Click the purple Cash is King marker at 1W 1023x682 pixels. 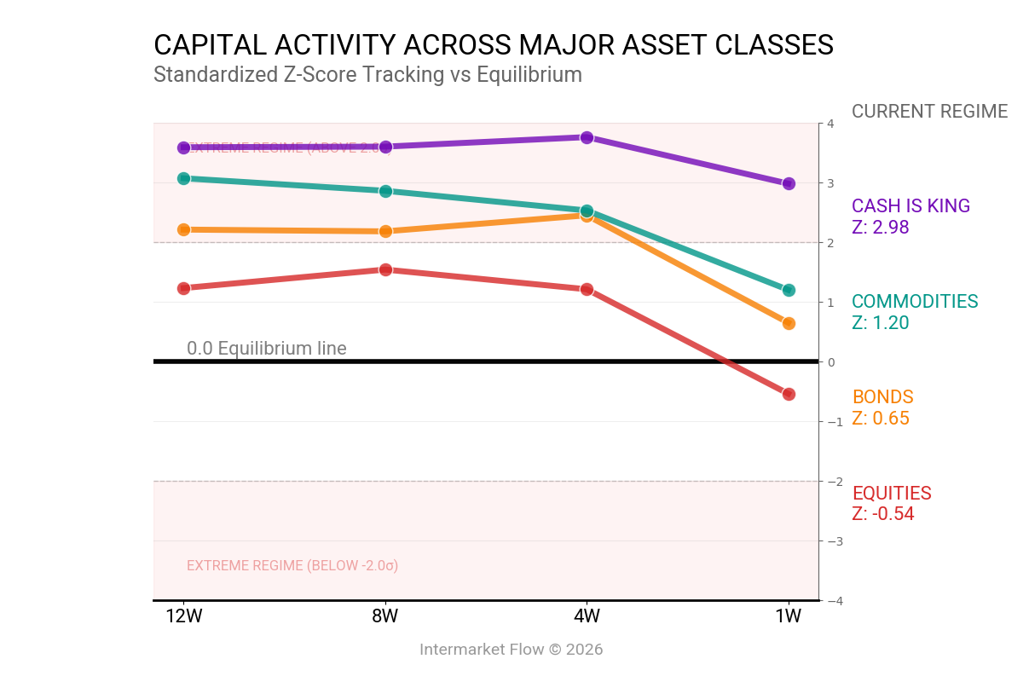pos(789,183)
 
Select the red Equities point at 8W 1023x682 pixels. pos(385,269)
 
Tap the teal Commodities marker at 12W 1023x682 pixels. pos(183,178)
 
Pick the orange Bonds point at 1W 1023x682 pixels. pos(789,323)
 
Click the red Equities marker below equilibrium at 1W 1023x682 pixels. pos(789,394)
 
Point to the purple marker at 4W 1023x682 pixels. pos(587,137)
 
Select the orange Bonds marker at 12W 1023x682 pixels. pos(183,229)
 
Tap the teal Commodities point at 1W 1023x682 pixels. pos(789,290)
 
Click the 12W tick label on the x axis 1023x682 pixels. pos(183,616)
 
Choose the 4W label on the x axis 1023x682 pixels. pos(587,616)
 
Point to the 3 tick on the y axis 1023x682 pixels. pos(830,183)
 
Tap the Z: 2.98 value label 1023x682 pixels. pos(880,228)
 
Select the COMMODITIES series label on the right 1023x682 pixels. pos(915,302)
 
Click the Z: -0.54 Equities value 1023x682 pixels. pos(882,514)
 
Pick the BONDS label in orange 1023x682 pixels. pos(882,397)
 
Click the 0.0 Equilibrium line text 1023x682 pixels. pos(267,348)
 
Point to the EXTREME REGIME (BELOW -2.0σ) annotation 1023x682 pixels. pos(292,566)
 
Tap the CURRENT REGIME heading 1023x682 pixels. pos(929,112)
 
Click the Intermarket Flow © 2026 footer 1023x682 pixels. pos(511,650)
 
